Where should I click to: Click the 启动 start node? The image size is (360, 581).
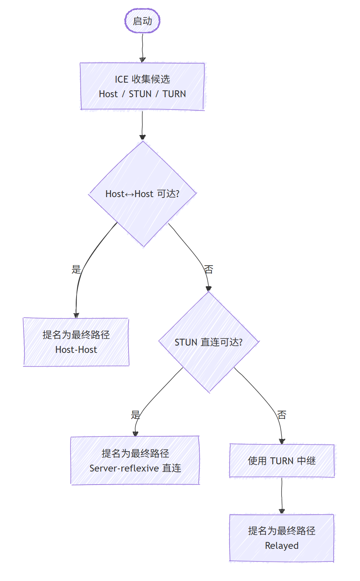(x=142, y=21)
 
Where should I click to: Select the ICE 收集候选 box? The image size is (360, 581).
(x=142, y=86)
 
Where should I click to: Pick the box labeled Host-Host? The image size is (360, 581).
(x=76, y=342)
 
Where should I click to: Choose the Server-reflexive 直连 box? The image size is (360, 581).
(x=135, y=460)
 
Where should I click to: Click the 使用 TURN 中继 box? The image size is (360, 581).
(x=282, y=461)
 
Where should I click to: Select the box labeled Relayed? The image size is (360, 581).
(x=282, y=538)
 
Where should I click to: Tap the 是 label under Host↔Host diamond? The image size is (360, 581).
(x=76, y=269)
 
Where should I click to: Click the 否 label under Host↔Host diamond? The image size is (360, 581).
(x=209, y=269)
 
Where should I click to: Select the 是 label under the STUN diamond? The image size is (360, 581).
(x=135, y=415)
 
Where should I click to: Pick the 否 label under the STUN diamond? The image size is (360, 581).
(x=282, y=415)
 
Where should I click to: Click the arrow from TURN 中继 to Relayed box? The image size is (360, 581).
(x=282, y=496)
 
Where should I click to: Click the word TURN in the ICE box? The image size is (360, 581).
(x=174, y=94)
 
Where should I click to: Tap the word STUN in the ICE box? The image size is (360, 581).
(x=140, y=94)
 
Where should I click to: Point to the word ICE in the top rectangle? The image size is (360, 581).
(x=121, y=79)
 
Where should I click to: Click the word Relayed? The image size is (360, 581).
(x=282, y=546)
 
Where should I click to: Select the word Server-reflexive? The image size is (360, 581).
(x=124, y=468)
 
